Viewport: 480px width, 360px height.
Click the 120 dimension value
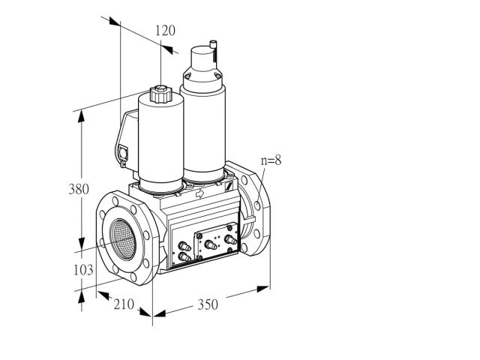165,31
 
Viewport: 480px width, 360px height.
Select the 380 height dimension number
79,189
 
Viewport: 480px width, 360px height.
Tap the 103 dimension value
83,270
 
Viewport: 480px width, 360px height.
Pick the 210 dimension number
124,304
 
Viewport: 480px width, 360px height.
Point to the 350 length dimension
208,304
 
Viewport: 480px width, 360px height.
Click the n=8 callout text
271,160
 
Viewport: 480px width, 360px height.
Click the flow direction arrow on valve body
200,193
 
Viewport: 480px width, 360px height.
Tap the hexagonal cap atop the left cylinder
160,94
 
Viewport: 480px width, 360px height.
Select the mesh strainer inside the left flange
123,239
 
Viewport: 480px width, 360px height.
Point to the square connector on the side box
123,152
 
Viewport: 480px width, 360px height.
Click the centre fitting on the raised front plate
211,245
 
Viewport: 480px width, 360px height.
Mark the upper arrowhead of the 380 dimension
81,117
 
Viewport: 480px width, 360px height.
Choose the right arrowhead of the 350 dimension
263,289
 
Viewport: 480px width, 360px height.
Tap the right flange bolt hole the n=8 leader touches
257,205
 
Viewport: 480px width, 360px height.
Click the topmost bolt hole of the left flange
115,201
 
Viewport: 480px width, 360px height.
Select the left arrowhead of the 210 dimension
103,295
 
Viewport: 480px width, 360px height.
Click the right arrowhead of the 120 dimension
167,49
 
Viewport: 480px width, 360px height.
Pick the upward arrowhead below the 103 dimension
82,297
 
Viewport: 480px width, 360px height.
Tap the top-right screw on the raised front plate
229,228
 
